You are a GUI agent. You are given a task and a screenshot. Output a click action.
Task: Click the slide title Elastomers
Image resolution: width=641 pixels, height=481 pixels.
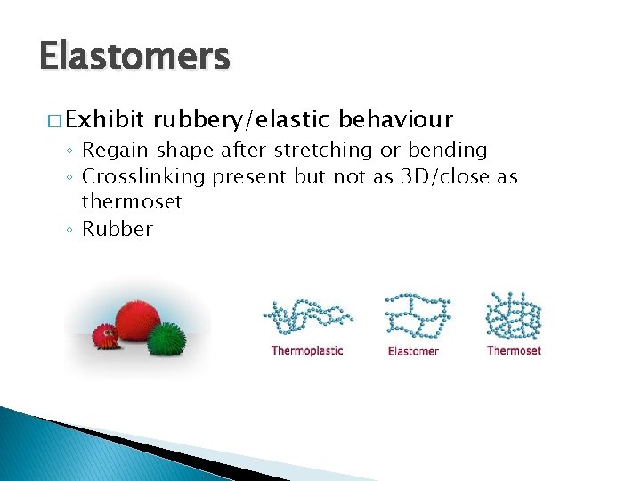[134, 57]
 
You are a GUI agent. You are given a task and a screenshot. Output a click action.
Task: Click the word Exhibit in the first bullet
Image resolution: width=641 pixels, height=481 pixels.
[105, 119]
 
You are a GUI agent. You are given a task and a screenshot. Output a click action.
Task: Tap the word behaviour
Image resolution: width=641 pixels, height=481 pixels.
[396, 119]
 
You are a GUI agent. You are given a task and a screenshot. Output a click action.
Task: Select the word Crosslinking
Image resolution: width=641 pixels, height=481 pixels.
[143, 176]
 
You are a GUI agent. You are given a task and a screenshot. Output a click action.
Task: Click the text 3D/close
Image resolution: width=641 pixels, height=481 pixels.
[432, 176]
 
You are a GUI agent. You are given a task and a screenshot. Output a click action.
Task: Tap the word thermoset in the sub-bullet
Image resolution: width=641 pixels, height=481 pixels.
[132, 202]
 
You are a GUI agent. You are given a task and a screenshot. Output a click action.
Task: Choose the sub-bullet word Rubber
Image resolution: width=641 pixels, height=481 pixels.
[118, 229]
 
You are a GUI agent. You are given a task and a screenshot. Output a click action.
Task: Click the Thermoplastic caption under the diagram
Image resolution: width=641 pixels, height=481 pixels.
[307, 351]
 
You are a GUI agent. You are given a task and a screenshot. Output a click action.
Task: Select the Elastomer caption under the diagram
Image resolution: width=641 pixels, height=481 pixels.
[413, 352]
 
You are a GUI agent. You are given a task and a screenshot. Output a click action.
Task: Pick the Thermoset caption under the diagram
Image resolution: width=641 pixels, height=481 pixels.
[514, 351]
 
